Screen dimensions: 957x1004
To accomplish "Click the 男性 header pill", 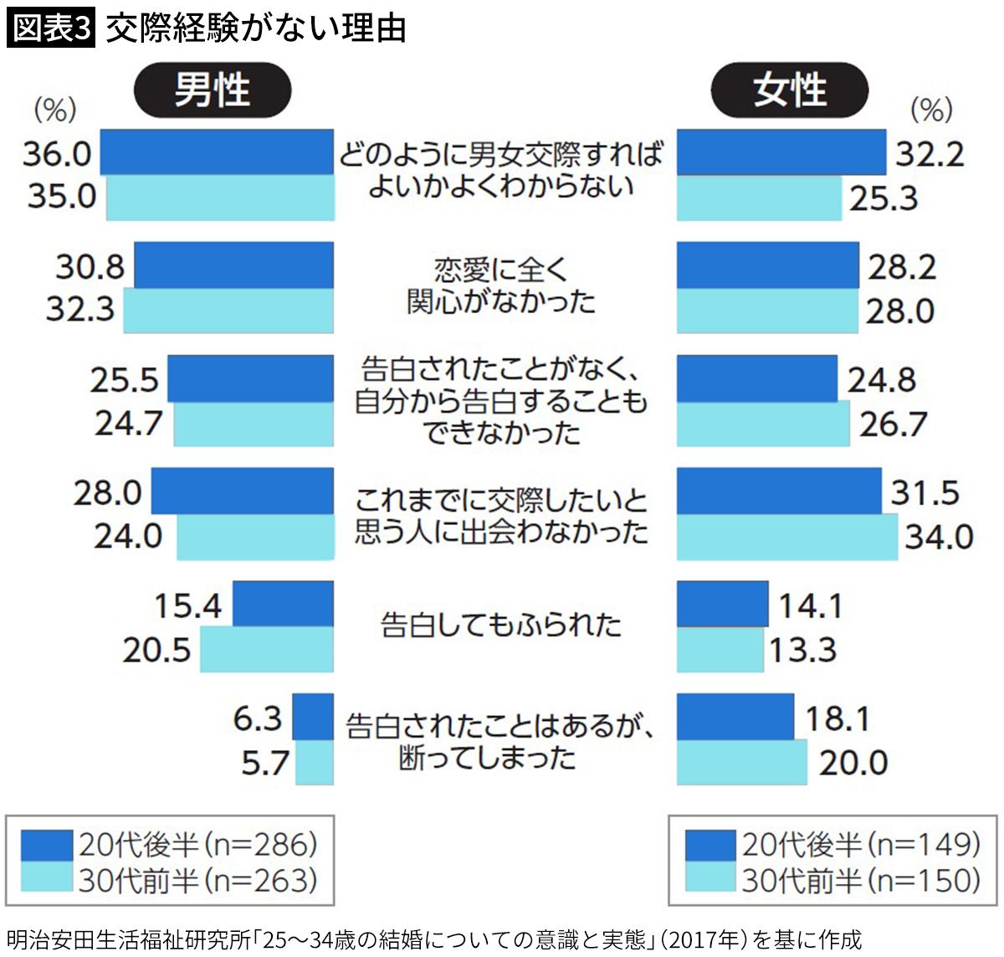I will [x=213, y=90].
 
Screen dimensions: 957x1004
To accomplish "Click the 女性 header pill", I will [x=790, y=90].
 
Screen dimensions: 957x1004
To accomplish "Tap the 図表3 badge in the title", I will [x=50, y=28].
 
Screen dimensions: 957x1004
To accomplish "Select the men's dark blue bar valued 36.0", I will [x=217, y=152].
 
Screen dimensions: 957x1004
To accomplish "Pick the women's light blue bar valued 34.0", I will [x=786, y=537].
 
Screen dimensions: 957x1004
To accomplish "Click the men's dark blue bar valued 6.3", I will [x=313, y=717].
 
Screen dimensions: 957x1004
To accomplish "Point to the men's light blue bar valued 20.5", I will [x=266, y=650].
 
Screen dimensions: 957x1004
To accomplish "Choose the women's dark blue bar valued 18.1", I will [x=735, y=717].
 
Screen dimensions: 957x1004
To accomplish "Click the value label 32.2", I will [x=930, y=154].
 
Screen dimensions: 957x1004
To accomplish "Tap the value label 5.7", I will [x=265, y=763].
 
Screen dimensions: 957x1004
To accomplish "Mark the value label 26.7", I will [x=893, y=424].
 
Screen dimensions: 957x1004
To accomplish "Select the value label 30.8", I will [x=90, y=266].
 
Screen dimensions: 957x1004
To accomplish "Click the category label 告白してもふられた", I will [x=501, y=625].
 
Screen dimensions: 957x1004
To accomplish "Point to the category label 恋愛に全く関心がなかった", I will [x=501, y=286].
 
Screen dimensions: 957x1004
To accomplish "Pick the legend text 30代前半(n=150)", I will [x=861, y=880].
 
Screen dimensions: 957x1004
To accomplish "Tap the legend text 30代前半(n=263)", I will [x=198, y=880].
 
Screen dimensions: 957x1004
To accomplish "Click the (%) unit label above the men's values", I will [x=54, y=110].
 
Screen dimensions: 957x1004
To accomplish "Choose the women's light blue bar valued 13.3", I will [x=720, y=650].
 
